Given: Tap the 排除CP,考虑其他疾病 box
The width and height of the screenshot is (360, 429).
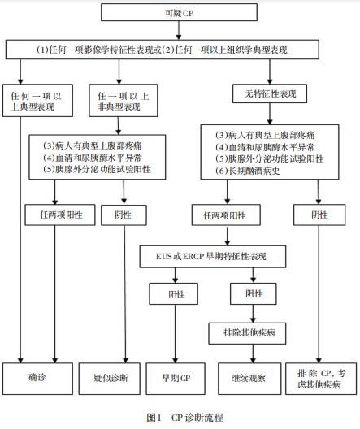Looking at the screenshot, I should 321,379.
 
